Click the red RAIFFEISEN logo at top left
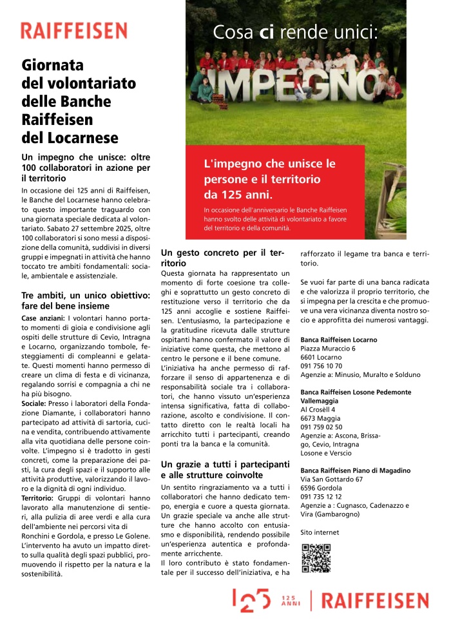point(73,30)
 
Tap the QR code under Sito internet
point(316,558)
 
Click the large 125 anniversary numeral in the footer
point(251,600)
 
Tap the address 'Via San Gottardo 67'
point(332,479)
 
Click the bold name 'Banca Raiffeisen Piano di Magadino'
point(356,470)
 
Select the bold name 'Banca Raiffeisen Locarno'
point(339,340)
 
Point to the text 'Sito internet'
point(320,532)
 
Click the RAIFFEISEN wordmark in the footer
point(374,601)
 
